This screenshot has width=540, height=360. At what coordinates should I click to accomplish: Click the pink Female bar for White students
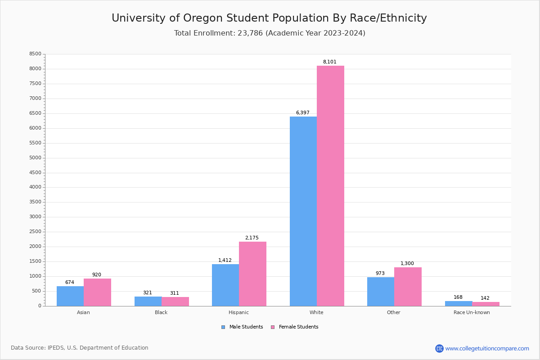pos(330,186)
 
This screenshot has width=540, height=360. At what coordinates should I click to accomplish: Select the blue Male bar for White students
pos(303,211)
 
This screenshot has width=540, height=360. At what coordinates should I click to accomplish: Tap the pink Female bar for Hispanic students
pos(252,274)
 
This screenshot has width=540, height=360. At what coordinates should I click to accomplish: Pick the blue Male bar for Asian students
pos(70,296)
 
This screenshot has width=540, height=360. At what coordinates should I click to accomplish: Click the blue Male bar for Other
pos(381,292)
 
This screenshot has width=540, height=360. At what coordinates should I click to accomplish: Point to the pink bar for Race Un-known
pos(486,304)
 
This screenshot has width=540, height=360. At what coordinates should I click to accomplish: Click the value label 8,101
pos(329,62)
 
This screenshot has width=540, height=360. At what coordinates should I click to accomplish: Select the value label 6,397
pos(302,113)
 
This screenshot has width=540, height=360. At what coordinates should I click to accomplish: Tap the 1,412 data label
pos(225,261)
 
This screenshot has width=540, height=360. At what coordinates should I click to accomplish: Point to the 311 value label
pos(174,293)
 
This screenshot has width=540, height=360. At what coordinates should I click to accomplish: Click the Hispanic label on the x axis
pos(238,312)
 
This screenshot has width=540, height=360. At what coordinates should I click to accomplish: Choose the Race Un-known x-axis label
pos(472,312)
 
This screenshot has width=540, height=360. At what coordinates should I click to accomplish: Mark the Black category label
pos(161,312)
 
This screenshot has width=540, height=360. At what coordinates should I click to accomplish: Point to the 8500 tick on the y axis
pos(35,54)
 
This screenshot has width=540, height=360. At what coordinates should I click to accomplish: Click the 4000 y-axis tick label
pos(35,187)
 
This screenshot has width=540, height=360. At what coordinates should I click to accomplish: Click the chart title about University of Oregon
pos(269,18)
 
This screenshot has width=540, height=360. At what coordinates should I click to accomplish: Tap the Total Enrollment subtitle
pos(270,33)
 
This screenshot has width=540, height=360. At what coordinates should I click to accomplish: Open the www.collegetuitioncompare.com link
pos(487,348)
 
